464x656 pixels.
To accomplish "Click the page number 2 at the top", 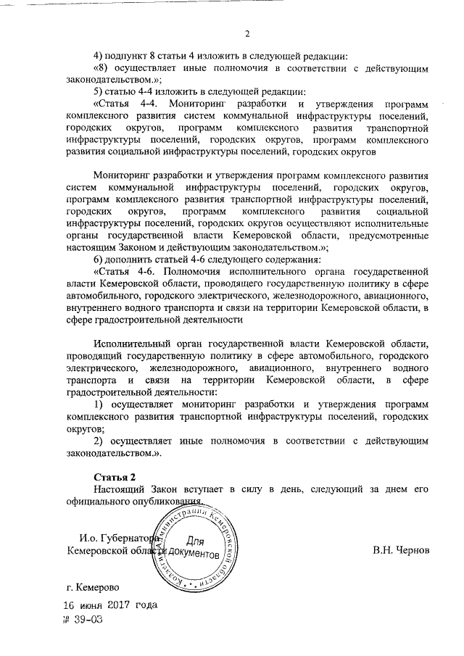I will [246, 34].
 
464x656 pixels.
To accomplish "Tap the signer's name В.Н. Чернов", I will [402, 552].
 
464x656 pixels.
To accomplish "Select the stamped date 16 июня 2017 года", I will [109, 605].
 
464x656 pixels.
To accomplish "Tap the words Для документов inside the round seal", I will [194, 547].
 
